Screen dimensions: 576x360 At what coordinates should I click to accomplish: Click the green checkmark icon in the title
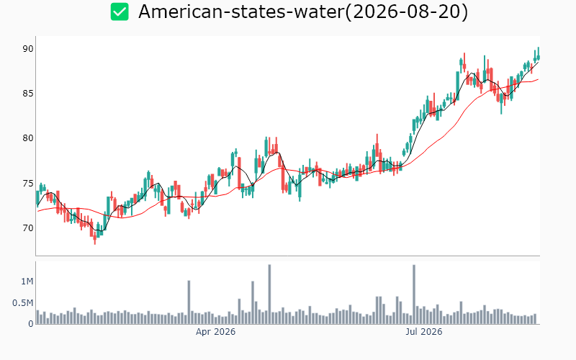click(x=120, y=12)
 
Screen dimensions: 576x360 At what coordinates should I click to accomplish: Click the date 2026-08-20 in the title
click(x=407, y=12)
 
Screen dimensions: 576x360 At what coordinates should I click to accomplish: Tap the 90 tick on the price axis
click(x=28, y=49)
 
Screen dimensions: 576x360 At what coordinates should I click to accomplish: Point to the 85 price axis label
click(x=28, y=94)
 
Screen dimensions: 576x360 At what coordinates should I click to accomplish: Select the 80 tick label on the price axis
click(x=28, y=138)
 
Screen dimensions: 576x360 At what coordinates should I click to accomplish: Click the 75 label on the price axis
click(x=28, y=184)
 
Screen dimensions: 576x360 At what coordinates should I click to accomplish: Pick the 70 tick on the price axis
click(x=28, y=228)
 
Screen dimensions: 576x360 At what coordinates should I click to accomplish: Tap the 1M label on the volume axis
click(x=27, y=282)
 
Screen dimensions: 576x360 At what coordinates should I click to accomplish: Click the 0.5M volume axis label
click(x=23, y=303)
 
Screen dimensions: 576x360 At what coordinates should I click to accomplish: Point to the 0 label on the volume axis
click(x=31, y=324)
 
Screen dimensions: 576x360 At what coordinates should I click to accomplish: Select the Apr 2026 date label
click(x=215, y=332)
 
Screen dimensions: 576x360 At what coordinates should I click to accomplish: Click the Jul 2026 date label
click(x=424, y=332)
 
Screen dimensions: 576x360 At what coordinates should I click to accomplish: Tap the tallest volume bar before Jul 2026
click(x=269, y=294)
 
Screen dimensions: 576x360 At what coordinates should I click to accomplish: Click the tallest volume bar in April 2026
click(x=269, y=294)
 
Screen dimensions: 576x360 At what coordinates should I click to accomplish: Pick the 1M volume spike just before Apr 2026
click(x=189, y=302)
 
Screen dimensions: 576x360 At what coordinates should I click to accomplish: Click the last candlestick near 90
click(x=538, y=54)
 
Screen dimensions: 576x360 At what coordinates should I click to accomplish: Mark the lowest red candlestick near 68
click(x=95, y=239)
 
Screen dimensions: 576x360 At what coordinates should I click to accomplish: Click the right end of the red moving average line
click(x=539, y=79)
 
